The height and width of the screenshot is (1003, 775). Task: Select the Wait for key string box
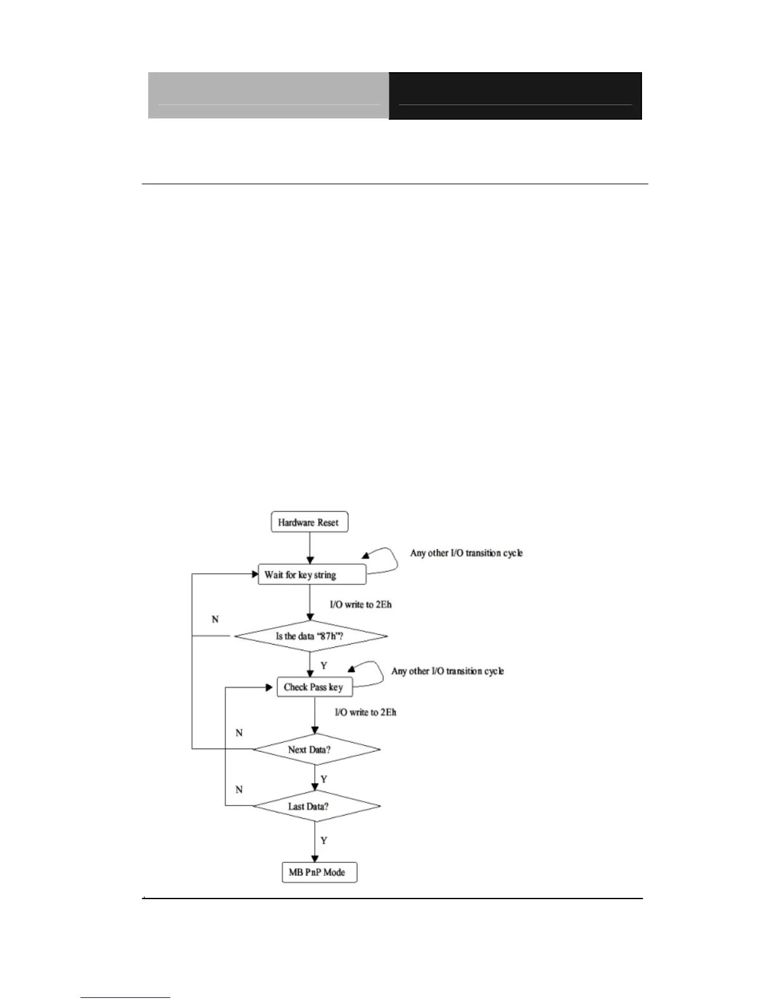312,575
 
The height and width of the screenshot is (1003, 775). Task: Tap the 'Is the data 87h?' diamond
310,636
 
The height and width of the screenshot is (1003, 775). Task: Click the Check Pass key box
314,687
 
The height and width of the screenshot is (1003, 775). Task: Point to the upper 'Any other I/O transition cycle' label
466,553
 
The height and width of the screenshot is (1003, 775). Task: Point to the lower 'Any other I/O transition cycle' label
447,671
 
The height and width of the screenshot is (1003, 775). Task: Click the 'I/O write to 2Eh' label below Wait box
360,605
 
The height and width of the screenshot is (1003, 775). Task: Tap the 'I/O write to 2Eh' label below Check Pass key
365,712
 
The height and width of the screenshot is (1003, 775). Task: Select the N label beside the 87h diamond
215,619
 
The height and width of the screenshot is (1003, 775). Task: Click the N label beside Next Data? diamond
239,733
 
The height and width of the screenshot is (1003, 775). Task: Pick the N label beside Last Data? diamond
239,790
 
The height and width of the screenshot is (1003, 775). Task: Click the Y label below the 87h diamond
324,666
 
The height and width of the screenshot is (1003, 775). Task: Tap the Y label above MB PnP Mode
324,840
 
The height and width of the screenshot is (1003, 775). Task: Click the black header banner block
515,96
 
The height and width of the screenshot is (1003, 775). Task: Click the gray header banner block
268,96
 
